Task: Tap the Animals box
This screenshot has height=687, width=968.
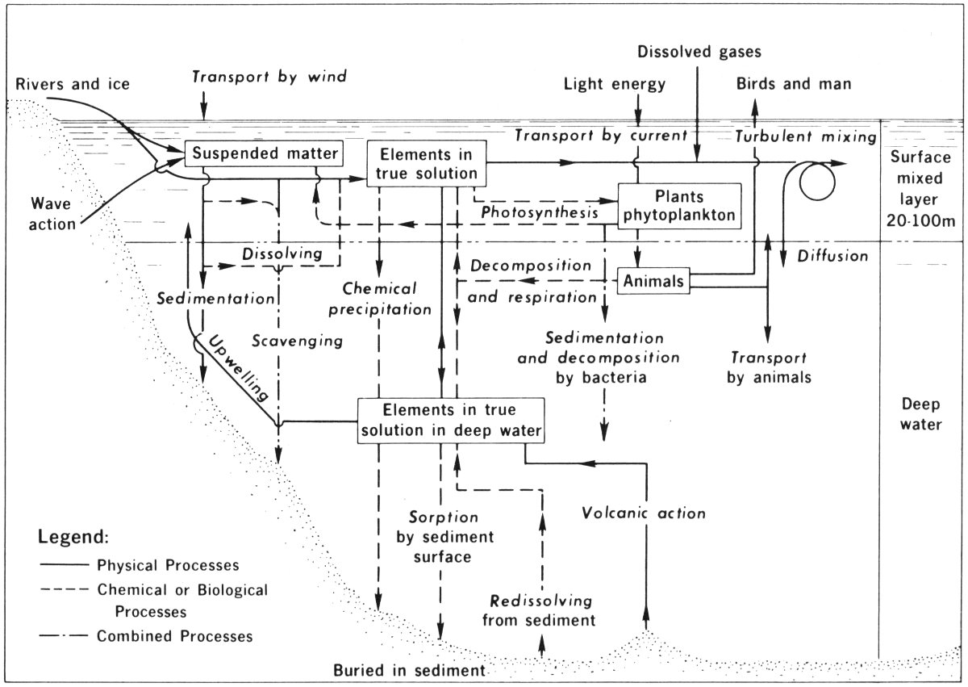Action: tap(653, 282)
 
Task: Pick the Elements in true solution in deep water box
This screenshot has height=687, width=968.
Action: tap(451, 420)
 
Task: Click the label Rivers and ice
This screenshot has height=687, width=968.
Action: tap(72, 83)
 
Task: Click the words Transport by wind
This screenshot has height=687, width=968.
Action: tap(269, 77)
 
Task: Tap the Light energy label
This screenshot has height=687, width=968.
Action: tap(615, 83)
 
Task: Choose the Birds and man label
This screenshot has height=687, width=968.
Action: tap(794, 83)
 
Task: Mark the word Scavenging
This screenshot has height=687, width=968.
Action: tap(298, 341)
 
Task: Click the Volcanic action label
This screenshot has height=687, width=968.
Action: tap(643, 513)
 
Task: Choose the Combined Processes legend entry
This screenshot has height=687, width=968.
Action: tap(174, 636)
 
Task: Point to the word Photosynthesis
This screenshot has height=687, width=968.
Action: tap(540, 212)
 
